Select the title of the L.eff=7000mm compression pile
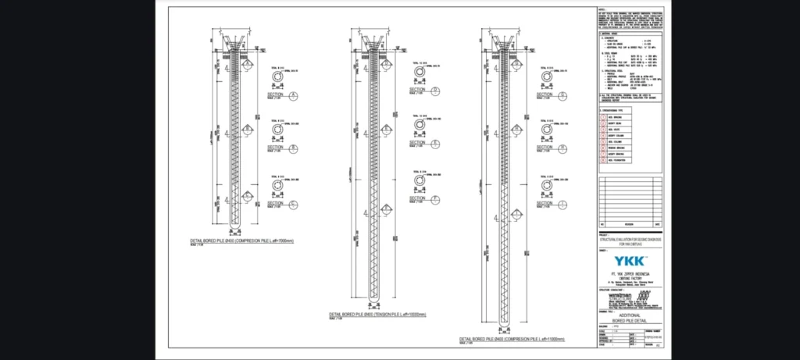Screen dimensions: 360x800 click(242, 241)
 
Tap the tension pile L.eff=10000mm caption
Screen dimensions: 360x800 click(378, 313)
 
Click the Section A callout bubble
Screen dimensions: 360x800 click(294, 96)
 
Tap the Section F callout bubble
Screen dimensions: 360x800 click(434, 199)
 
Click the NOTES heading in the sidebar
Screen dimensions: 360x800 click(602, 10)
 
